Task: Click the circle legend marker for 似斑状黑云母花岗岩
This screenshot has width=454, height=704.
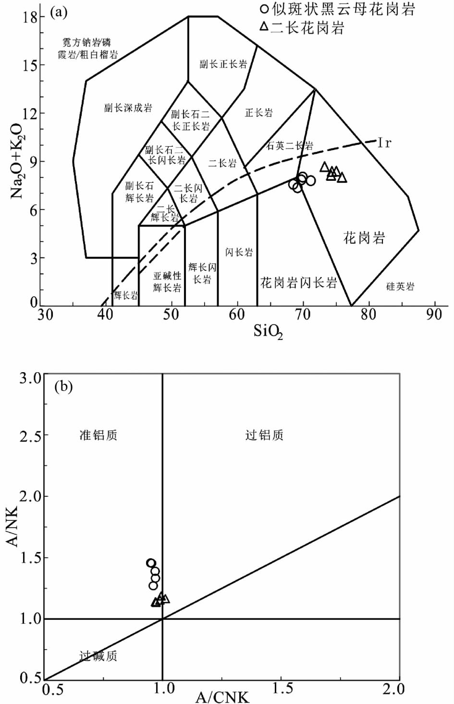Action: click(x=264, y=9)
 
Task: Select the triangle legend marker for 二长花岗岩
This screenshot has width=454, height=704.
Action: click(x=264, y=27)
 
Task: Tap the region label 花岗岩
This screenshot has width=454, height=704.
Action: click(x=364, y=237)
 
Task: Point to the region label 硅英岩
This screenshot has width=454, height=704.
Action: click(x=400, y=287)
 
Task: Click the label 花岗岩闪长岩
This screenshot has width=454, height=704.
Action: click(x=298, y=282)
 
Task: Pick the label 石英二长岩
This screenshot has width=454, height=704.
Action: click(x=290, y=146)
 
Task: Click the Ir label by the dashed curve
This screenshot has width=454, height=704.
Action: click(x=385, y=142)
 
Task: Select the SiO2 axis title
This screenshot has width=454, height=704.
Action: click(x=269, y=332)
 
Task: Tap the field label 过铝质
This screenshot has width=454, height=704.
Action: click(x=264, y=435)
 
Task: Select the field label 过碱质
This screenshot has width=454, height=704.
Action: click(x=98, y=656)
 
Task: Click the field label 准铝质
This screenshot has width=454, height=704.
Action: click(x=98, y=435)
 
